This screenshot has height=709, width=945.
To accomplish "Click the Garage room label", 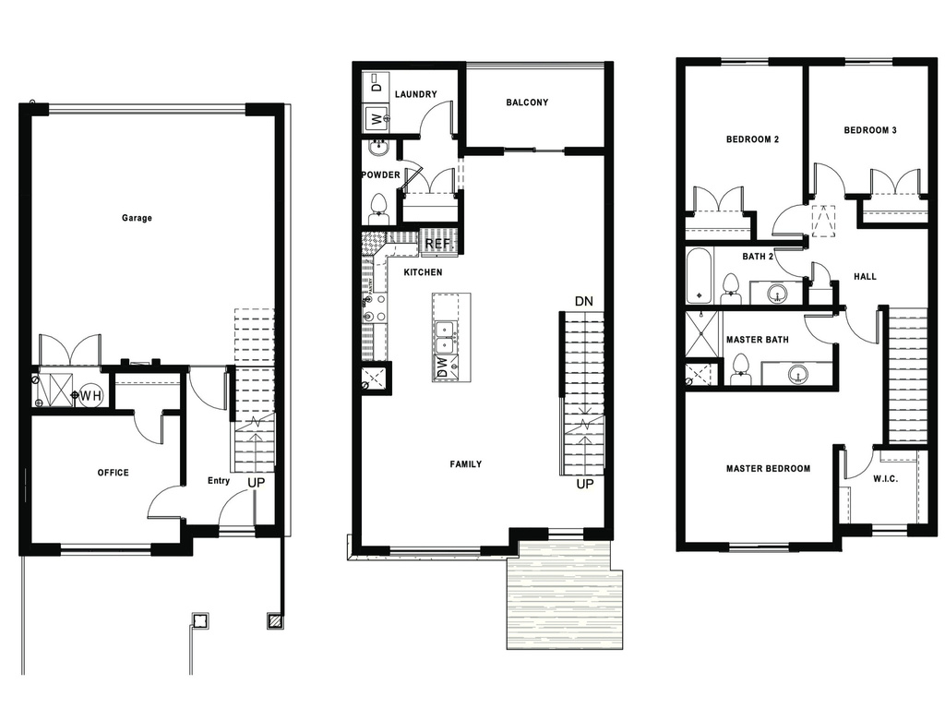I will point(137,219).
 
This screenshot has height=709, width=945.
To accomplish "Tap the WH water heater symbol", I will point(90,396).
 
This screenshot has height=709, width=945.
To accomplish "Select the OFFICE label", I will point(114,473).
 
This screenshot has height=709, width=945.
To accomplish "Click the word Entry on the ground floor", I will point(220,480).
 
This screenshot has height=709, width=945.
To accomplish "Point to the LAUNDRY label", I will point(415,95).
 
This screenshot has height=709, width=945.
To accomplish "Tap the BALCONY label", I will point(527,102).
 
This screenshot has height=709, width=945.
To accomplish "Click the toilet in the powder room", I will point(378,207).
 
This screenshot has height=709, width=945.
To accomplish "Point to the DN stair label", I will point(583,301).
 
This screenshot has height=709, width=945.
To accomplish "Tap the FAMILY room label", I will point(465,464).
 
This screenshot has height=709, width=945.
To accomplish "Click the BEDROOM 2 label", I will point(752,139).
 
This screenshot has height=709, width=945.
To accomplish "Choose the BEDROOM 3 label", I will point(870,131).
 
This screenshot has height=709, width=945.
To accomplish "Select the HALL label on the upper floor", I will point(865,276).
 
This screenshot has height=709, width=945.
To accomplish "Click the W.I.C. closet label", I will point(885,480).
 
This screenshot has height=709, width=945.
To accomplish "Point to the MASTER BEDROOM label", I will point(768,469).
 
